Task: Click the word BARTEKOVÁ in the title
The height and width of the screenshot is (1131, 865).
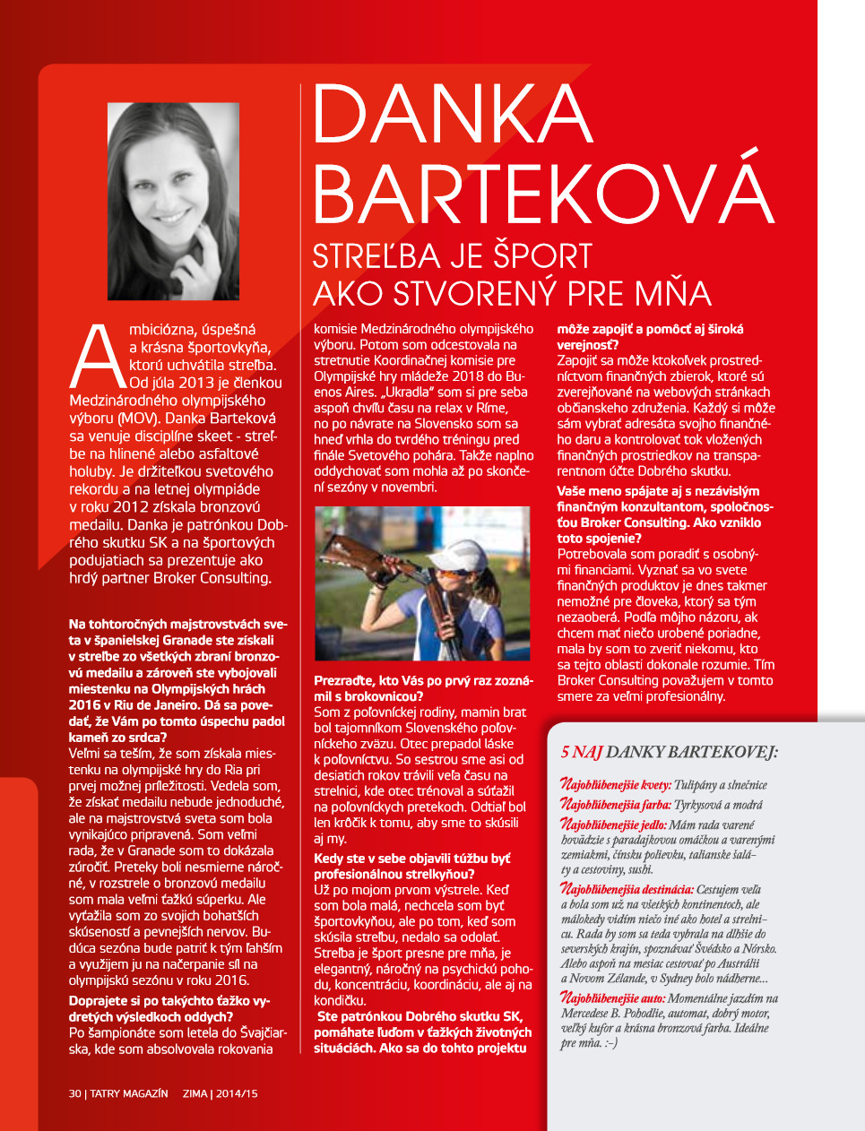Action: tap(541, 190)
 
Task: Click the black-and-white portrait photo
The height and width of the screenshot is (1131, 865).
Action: tap(173, 202)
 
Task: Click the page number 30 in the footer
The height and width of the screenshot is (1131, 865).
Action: tap(75, 1093)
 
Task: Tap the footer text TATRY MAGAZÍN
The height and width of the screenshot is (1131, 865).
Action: tap(128, 1093)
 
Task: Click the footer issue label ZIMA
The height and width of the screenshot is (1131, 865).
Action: tap(195, 1093)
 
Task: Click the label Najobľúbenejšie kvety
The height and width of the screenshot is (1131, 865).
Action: tap(615, 785)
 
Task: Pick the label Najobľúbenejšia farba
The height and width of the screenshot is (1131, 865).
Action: tap(614, 805)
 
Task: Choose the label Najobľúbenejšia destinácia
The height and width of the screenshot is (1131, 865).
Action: tap(627, 889)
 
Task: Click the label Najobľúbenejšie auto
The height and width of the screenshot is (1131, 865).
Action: tap(612, 997)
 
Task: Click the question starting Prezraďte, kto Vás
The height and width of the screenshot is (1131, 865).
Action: tap(423, 688)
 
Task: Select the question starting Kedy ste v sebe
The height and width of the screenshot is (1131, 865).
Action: tap(411, 866)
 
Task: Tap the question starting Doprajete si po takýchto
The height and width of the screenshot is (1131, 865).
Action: tap(169, 1008)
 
